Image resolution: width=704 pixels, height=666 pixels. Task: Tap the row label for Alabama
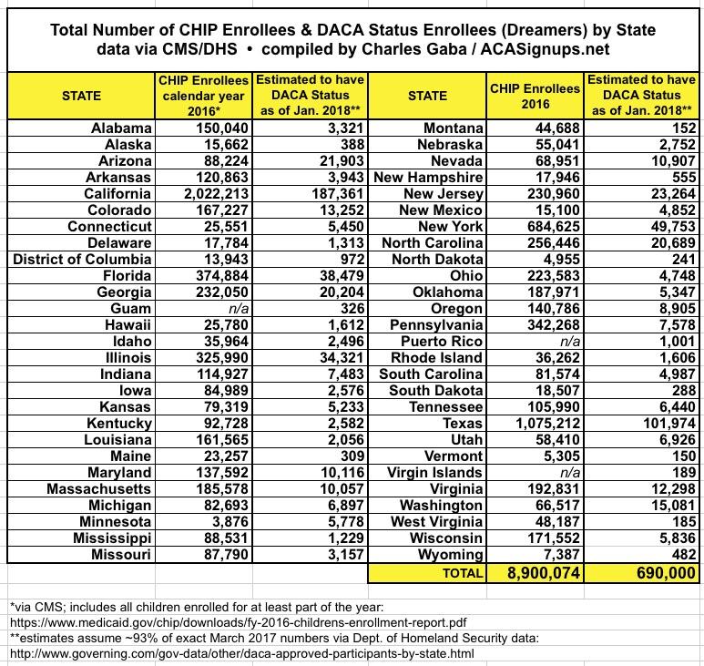coord(121,128)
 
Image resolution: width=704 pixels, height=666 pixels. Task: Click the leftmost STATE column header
coord(82,95)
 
